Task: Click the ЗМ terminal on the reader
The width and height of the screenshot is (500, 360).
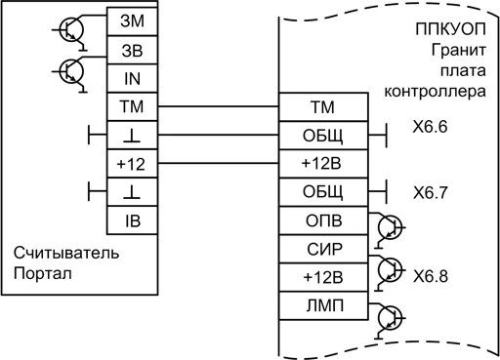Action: point(132,21)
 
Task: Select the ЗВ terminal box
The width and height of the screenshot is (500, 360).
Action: point(132,50)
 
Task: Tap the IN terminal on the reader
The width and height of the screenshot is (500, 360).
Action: point(132,78)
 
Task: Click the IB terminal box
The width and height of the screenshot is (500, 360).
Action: point(132,220)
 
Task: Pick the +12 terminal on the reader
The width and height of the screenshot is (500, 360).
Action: point(132,164)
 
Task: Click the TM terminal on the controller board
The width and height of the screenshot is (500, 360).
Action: point(323,107)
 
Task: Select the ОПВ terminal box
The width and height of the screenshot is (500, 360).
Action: point(323,220)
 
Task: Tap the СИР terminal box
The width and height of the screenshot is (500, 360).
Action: point(323,249)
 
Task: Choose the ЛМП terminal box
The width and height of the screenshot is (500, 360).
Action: point(323,305)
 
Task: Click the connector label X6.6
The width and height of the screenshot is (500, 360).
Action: point(430,127)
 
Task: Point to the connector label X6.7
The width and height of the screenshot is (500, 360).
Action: point(430,192)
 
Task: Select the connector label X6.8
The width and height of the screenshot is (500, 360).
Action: point(430,276)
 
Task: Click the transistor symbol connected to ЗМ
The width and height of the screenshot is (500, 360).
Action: point(71,30)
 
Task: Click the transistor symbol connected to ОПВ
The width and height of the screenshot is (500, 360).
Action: point(390,227)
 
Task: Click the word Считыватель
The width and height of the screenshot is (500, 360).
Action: point(66,253)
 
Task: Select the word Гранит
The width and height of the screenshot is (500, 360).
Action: point(458,51)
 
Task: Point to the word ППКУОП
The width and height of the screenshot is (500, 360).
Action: point(450,29)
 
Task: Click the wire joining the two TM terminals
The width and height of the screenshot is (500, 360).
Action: point(219,106)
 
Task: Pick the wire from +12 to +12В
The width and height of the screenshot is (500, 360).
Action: point(219,163)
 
